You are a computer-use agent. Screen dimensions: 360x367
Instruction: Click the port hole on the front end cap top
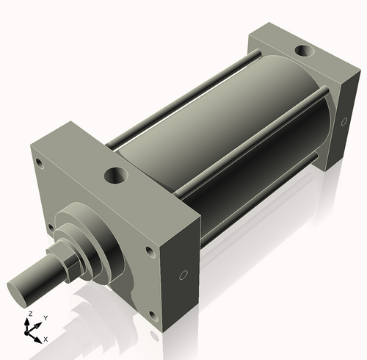coord(116,176)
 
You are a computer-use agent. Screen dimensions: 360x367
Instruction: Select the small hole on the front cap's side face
coord(183,276)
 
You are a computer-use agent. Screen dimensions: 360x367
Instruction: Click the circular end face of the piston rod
coord(20,287)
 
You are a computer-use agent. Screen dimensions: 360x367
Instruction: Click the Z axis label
coord(30,314)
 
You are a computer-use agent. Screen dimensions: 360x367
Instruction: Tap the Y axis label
coord(45,317)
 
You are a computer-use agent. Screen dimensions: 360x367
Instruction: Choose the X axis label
coord(46,339)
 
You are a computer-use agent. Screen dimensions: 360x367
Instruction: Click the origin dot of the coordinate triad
coord(32,332)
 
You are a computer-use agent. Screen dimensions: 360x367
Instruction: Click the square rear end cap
coord(308,88)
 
